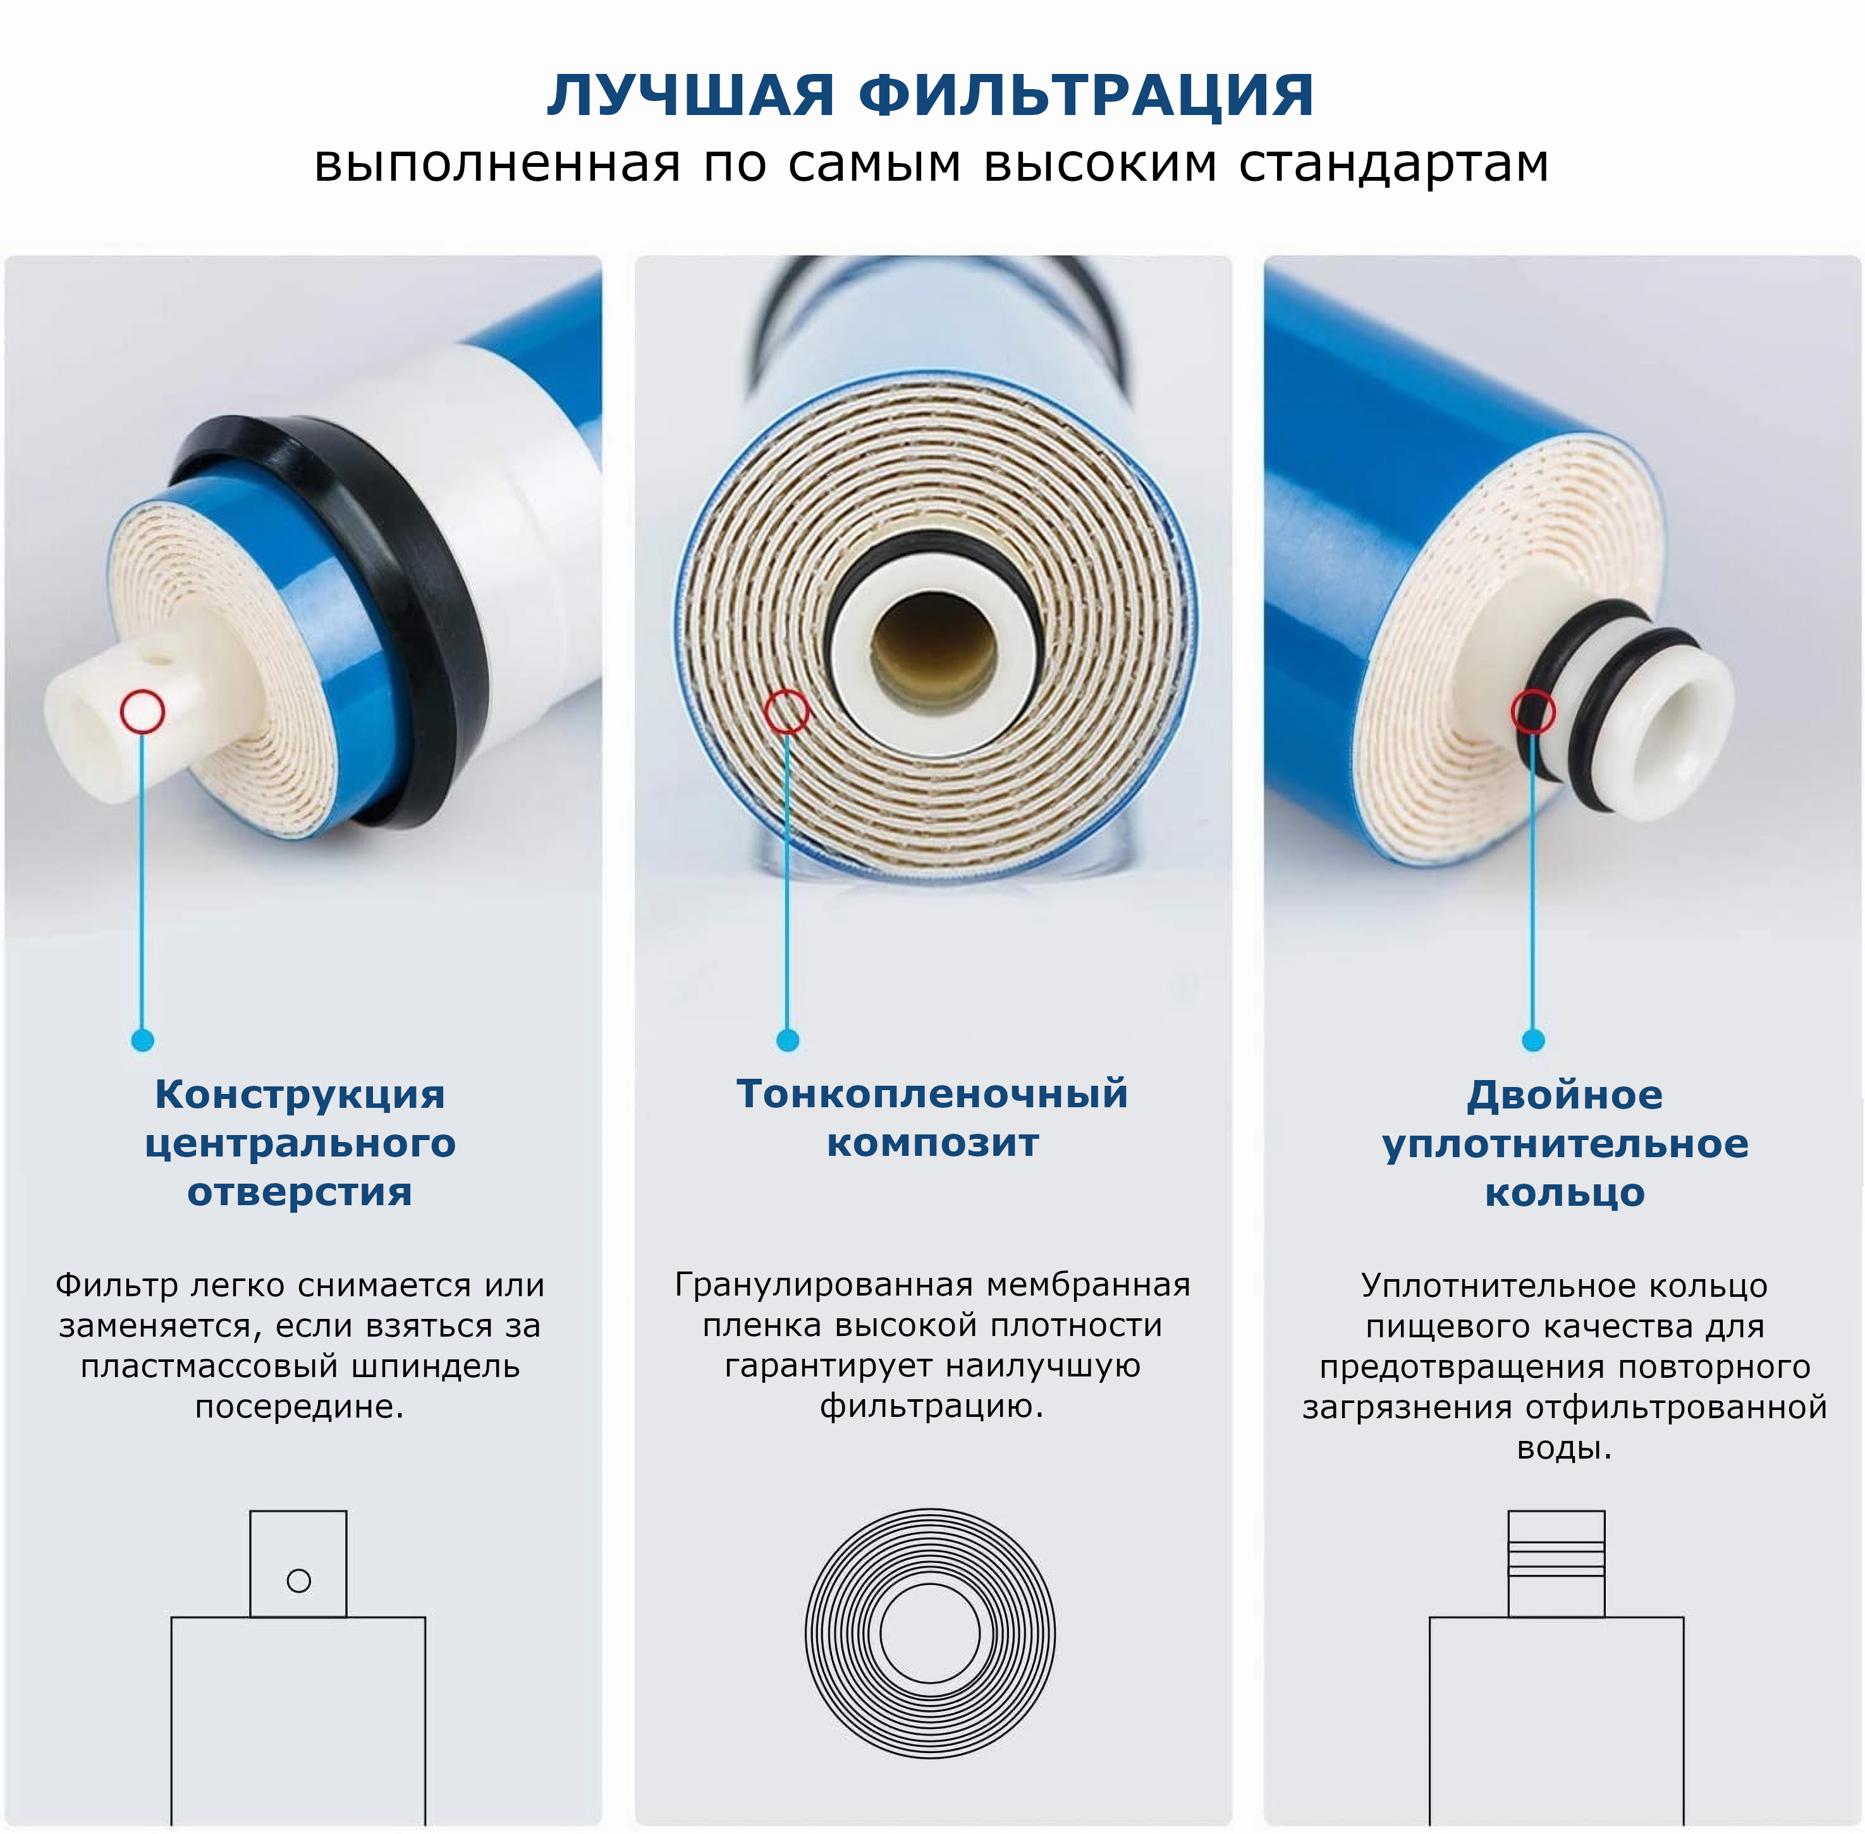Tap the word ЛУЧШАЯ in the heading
(690, 95)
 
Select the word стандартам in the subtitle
(1394, 164)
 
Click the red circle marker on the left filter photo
(143, 712)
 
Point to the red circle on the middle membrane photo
(787, 712)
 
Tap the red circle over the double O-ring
(1532, 712)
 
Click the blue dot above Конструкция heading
(143, 1040)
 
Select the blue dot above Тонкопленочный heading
(787, 1040)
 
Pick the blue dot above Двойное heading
(1532, 1040)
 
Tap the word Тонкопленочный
(931, 1094)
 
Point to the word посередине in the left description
(298, 1407)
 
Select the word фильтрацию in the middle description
(931, 1407)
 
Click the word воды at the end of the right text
(1563, 1448)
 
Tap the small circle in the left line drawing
(298, 1581)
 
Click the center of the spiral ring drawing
(929, 1634)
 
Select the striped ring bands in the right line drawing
(1556, 1558)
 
